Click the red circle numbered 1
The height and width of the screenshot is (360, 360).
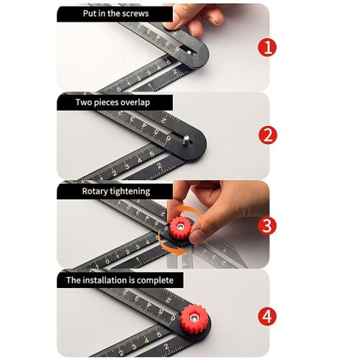[267, 47]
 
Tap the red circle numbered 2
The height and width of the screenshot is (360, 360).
[268, 135]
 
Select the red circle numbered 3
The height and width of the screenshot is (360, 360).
[267, 226]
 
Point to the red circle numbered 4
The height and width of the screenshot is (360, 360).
[267, 316]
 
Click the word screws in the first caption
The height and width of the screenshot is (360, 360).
[136, 14]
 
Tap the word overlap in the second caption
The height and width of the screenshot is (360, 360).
[135, 103]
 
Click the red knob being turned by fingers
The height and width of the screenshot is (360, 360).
[181, 228]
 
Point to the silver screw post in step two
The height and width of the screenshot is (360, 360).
[186, 140]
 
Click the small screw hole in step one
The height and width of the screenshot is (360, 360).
[189, 52]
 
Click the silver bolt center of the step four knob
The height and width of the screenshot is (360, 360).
[193, 318]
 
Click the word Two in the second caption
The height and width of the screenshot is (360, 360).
[84, 102]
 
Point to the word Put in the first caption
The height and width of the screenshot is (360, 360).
[89, 14]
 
